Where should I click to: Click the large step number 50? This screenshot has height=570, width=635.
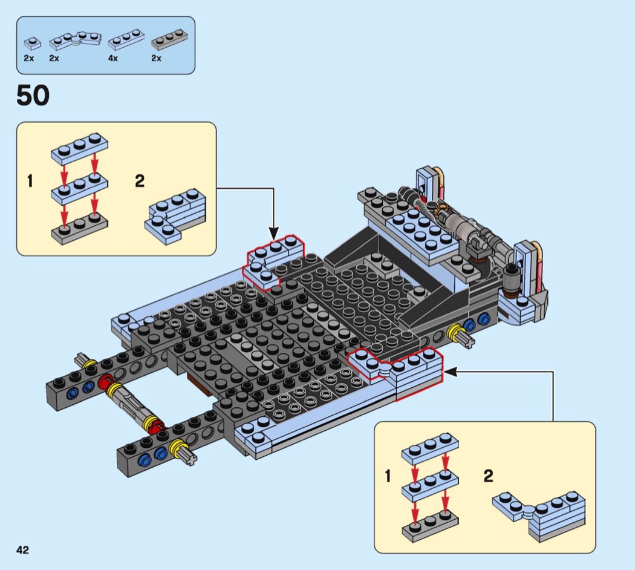coord(33,95)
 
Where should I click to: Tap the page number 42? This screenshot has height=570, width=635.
coord(23,549)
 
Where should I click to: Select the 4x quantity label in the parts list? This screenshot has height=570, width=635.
coord(112,58)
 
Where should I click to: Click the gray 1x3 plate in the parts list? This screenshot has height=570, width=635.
coord(170,39)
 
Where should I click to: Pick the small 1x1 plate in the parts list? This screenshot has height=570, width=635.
coord(33,42)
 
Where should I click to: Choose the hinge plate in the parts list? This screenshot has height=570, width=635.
coord(76,39)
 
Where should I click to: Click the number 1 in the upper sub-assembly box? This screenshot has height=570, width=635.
coord(30,181)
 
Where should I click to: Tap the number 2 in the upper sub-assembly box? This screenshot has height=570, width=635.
coord(140,181)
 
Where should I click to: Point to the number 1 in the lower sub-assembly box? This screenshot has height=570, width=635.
coord(388,476)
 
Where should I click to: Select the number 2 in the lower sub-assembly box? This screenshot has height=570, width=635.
coord(489,476)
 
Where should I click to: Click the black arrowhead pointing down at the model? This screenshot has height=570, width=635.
coord(274,234)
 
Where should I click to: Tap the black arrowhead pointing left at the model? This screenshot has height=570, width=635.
coord(451,372)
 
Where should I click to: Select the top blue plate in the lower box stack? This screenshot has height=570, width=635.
coord(430,448)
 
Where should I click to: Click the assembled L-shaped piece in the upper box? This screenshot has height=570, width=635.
coord(175,217)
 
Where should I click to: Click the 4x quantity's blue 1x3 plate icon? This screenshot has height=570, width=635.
coord(126,39)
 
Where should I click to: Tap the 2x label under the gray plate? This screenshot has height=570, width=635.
coord(156,58)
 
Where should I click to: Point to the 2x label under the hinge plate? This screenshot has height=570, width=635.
coord(54,58)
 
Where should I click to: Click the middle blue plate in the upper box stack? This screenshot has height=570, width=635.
coord(80,189)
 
